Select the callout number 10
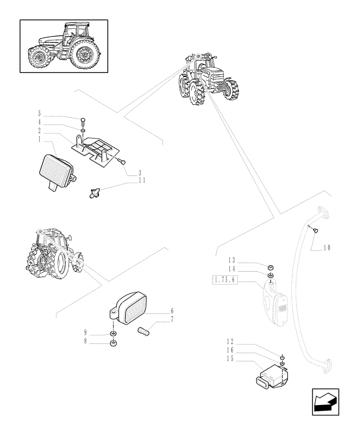tap(327, 248)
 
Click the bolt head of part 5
tap(83, 120)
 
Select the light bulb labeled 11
tap(95, 192)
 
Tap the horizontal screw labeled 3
tap(122, 161)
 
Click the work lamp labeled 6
tap(129, 308)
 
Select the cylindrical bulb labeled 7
tap(143, 331)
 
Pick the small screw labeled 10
tap(316, 230)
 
